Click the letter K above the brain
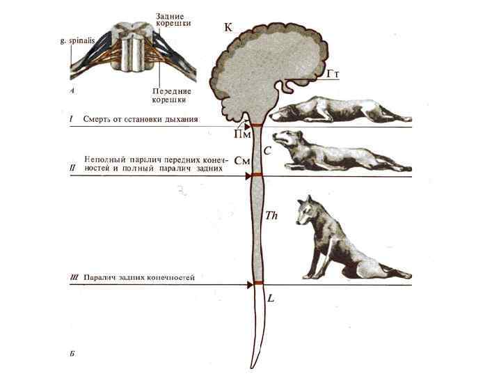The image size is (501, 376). click(228, 28)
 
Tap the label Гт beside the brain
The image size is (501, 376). click(332, 73)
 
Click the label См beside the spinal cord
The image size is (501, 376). click(242, 161)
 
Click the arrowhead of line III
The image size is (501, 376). click(248, 284)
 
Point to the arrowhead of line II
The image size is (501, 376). click(248, 176)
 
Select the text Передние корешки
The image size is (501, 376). click(171, 95)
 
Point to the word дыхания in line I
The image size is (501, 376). click(179, 119)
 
